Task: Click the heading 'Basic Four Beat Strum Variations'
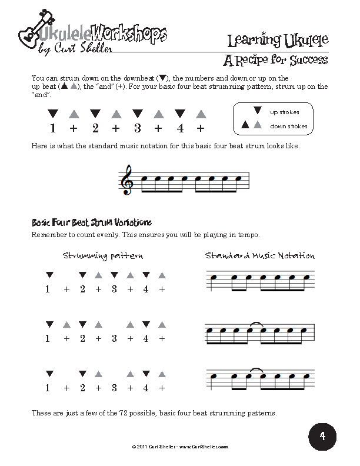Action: click(91, 222)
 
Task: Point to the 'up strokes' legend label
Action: click(285, 112)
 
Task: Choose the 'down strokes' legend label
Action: click(288, 126)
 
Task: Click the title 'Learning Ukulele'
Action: click(276, 41)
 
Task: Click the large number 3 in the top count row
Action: click(137, 129)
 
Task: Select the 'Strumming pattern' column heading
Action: click(102, 256)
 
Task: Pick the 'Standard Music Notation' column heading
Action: click(260, 256)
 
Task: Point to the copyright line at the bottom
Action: click(179, 448)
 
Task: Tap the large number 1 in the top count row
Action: click(53, 129)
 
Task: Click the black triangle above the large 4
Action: click(179, 112)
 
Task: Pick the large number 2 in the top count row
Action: click(95, 129)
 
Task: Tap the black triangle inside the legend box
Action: click(256, 110)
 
